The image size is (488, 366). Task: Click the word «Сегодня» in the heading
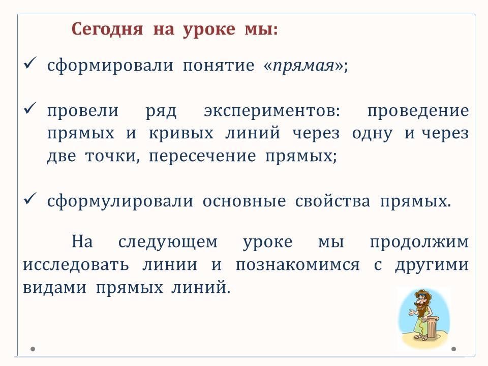[x=107, y=29]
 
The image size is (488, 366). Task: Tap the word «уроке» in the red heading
[x=209, y=30]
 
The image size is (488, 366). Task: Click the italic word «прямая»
[x=303, y=66]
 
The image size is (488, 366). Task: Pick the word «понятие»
[x=219, y=66]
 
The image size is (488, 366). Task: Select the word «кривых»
[x=181, y=134]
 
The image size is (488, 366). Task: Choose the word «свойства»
[x=332, y=201]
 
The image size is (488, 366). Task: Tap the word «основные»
[x=245, y=202]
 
